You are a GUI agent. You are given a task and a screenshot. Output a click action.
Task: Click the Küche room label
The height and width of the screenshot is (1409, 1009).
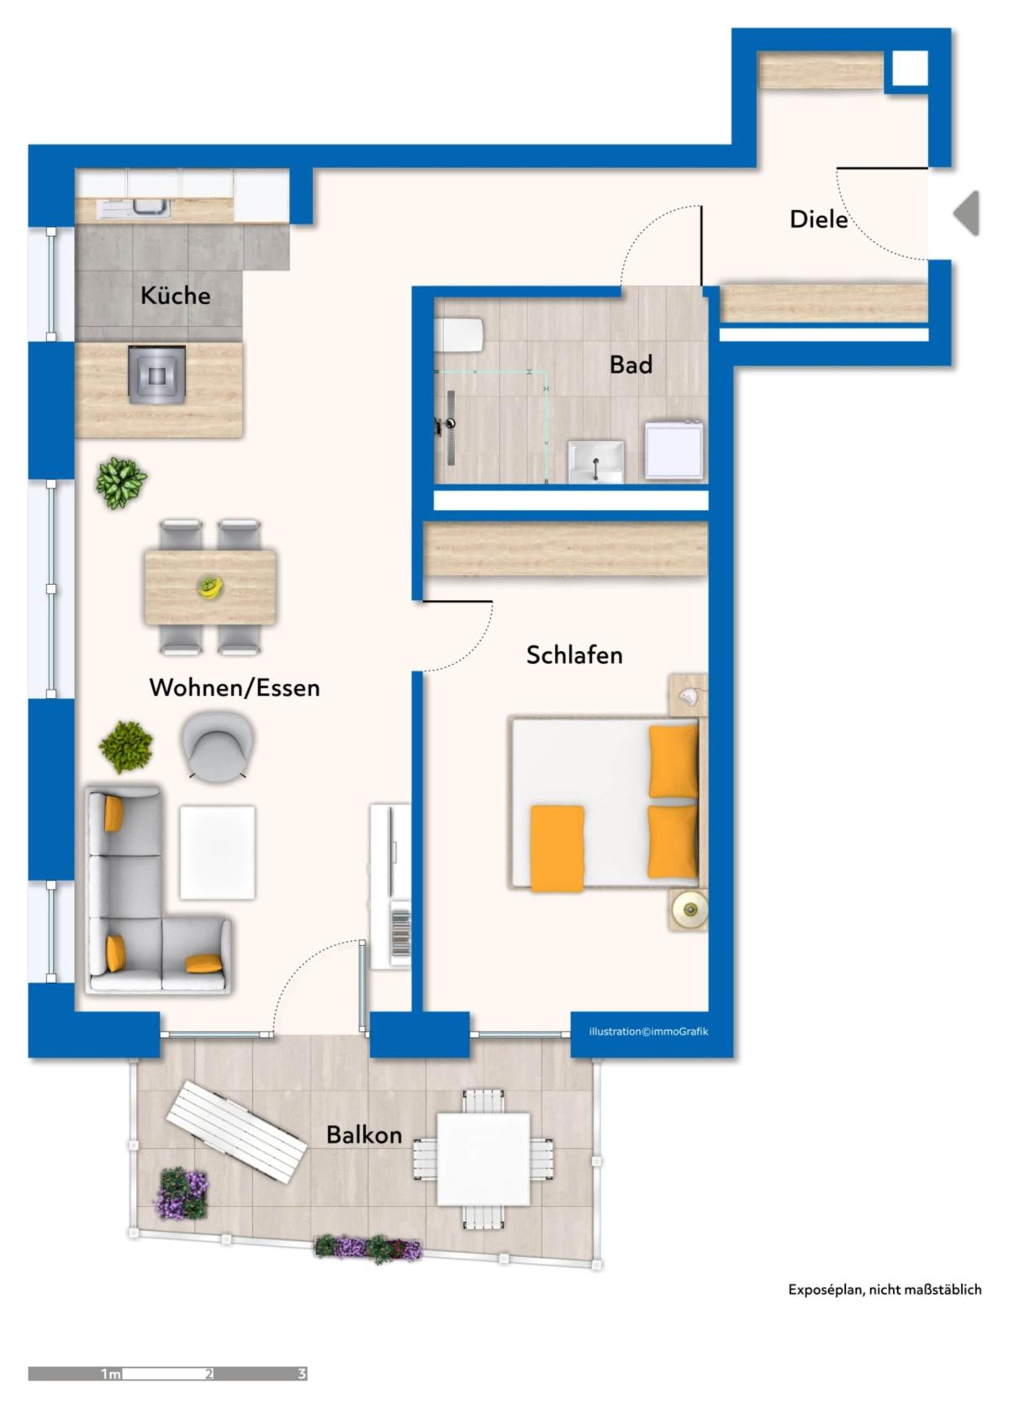[175, 296]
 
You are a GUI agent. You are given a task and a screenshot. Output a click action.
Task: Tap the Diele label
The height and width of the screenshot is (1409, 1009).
[818, 219]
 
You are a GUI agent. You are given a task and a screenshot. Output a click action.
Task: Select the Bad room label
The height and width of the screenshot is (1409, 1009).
[631, 365]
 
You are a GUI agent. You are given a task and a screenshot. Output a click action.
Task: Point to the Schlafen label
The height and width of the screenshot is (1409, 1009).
[574, 655]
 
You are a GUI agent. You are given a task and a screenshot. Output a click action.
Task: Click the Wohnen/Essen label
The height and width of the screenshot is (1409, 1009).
[235, 687]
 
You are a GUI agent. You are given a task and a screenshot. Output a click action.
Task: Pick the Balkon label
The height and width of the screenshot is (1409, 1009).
[364, 1135]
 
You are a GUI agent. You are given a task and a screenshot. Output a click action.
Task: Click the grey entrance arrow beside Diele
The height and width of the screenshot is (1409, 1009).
[967, 213]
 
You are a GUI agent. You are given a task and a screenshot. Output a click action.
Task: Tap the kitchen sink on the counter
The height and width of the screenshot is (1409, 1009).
[134, 208]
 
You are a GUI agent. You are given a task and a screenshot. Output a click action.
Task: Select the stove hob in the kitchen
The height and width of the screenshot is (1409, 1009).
[156, 375]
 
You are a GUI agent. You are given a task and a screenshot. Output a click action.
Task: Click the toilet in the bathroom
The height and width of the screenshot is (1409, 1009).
[459, 334]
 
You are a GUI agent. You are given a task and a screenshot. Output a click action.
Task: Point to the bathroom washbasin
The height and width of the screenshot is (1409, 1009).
[595, 462]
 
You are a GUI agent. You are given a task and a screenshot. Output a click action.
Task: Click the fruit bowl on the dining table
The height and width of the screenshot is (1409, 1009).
[210, 587]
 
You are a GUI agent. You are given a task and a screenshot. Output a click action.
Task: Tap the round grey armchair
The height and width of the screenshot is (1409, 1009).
[217, 746]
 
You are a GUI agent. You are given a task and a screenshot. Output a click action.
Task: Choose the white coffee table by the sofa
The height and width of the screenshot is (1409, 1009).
[217, 853]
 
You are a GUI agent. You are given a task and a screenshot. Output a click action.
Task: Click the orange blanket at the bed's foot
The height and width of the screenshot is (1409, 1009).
[557, 849]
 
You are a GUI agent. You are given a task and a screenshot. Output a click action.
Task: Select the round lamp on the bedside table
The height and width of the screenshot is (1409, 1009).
[689, 910]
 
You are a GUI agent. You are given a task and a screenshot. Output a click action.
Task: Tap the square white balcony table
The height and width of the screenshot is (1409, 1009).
[483, 1159]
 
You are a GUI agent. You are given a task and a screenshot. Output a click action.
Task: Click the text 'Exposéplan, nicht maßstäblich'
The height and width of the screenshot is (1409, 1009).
[885, 1290]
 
